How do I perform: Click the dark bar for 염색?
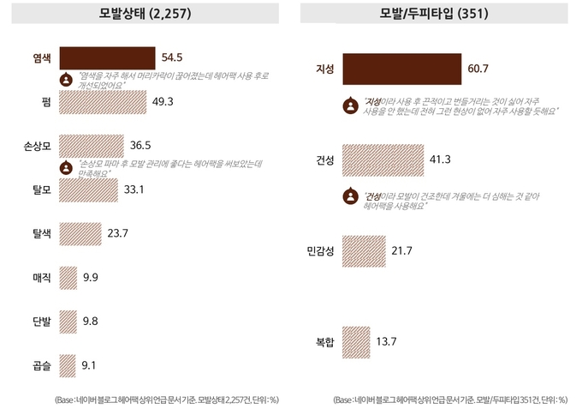107,57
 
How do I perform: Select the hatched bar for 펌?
104,101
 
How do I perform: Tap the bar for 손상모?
92,145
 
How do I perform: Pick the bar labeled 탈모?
88,189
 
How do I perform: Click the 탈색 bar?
80,233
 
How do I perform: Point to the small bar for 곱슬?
68,366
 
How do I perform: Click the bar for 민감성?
362,250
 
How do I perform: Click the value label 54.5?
173,57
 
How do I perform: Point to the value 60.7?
478,68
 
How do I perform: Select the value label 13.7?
387,341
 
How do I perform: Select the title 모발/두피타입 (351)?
436,14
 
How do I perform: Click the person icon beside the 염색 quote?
64,80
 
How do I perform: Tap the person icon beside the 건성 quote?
349,196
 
